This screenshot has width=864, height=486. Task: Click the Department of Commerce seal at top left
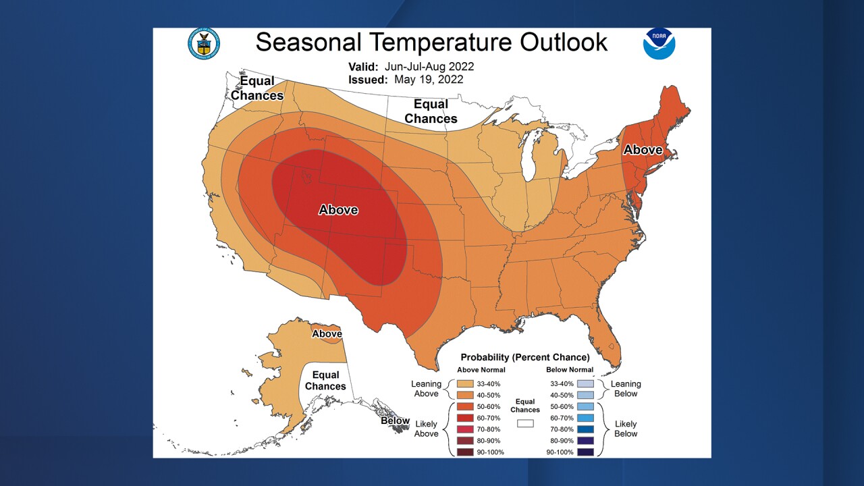click(203, 43)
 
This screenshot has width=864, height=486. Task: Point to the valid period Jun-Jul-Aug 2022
click(429, 67)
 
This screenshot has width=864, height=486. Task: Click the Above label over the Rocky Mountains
click(338, 210)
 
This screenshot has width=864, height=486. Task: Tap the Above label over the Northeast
click(642, 150)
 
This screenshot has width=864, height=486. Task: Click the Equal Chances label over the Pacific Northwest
click(257, 88)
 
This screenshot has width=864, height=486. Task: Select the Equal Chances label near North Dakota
click(431, 111)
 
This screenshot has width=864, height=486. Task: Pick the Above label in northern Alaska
click(327, 333)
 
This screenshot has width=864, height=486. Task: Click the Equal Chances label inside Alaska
click(325, 381)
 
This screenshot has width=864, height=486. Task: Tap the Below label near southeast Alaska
click(395, 421)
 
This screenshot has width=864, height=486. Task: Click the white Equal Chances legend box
click(525, 423)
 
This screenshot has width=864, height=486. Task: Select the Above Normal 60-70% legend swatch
click(465, 418)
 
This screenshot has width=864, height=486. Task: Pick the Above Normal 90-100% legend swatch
click(465, 452)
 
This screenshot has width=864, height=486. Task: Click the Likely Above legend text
click(426, 429)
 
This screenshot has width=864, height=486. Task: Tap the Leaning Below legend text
click(626, 389)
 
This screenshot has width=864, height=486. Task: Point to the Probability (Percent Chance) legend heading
click(524, 357)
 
